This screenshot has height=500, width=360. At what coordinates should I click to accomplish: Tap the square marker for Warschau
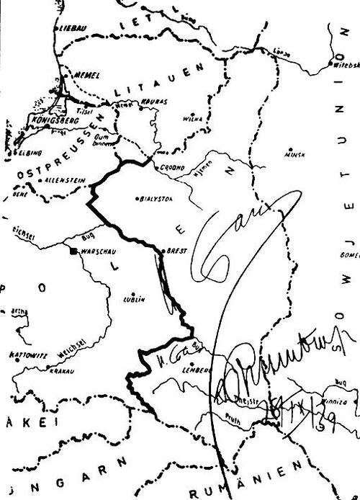click(73, 251)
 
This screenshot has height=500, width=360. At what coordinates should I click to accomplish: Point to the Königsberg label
click(51, 120)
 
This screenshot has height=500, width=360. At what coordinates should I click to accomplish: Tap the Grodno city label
click(169, 167)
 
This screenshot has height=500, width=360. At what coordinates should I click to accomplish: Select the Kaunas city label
click(154, 102)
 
